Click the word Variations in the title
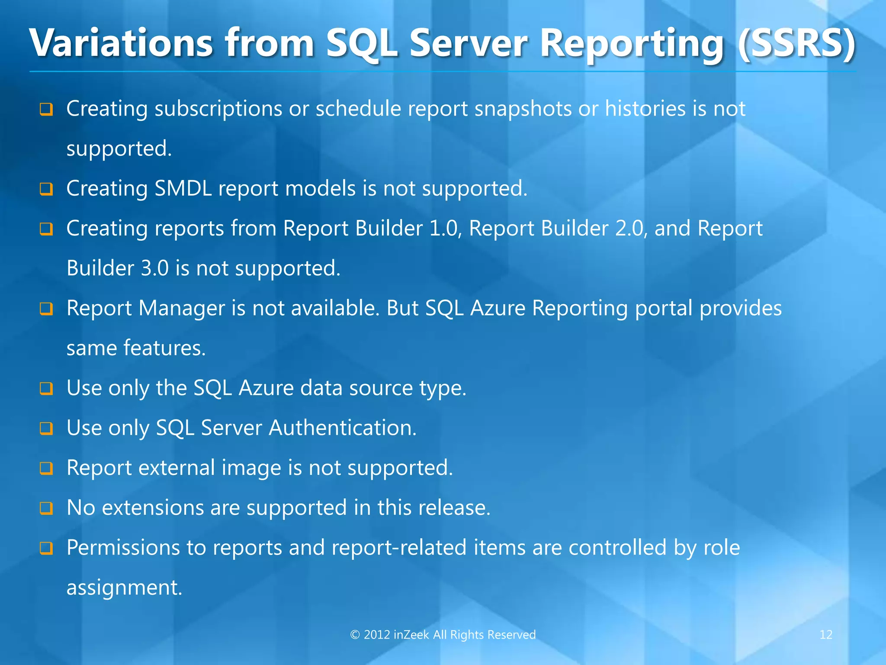pyautogui.click(x=121, y=43)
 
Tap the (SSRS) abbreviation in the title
pyautogui.click(x=796, y=43)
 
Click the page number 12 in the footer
pyautogui.click(x=825, y=635)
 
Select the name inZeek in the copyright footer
pyautogui.click(x=411, y=635)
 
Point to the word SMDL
pyautogui.click(x=183, y=188)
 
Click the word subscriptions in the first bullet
pyautogui.click(x=218, y=109)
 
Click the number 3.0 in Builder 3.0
pyautogui.click(x=154, y=268)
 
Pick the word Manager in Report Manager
pyautogui.click(x=182, y=308)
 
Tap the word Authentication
pyautogui.click(x=342, y=428)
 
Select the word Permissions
pyautogui.click(x=123, y=547)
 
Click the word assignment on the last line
pyautogui.click(x=124, y=588)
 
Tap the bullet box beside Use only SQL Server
pyautogui.click(x=46, y=429)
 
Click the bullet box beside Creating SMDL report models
pyautogui.click(x=46, y=189)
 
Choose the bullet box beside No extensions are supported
pyautogui.click(x=46, y=508)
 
